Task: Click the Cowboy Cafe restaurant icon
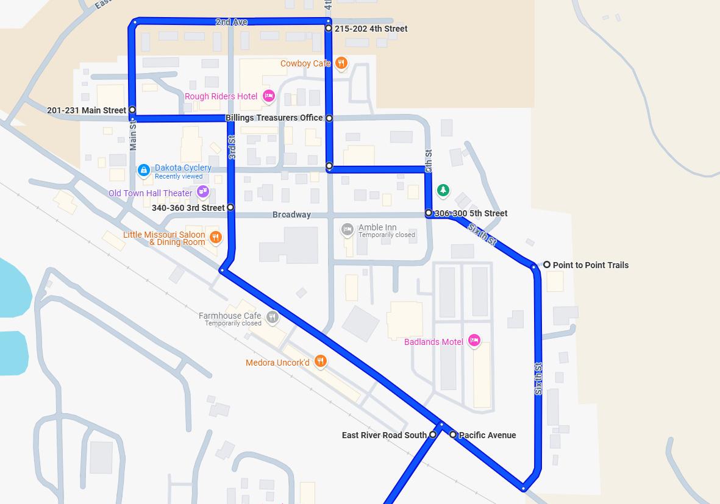(341, 63)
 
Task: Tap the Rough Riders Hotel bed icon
(268, 96)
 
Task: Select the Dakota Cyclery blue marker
(144, 171)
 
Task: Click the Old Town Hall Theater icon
(203, 193)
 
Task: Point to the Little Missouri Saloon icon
(215, 237)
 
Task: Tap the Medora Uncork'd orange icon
(320, 362)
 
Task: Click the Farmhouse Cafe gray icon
(273, 316)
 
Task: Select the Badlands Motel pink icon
(474, 341)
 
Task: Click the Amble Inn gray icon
(348, 230)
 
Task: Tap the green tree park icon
(443, 191)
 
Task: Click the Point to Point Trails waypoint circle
(547, 264)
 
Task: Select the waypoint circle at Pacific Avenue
(453, 435)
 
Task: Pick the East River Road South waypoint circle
(433, 435)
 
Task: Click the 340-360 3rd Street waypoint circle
(230, 207)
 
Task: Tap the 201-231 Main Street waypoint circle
(132, 110)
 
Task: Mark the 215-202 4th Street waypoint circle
(329, 28)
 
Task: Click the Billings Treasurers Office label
(274, 118)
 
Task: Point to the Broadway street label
(291, 215)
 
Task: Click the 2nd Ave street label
(231, 22)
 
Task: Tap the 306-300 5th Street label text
(471, 213)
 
